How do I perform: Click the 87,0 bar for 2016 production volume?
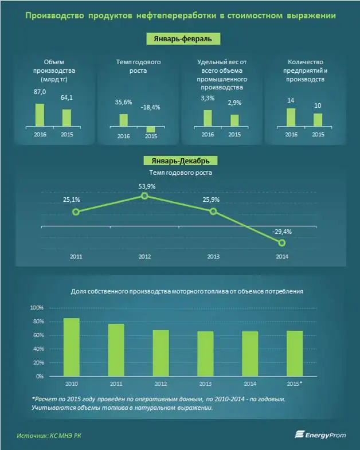[x=40, y=114]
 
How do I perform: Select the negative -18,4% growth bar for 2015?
[x=151, y=129]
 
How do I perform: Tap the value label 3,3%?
[x=207, y=99]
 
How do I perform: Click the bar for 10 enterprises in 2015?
[x=318, y=119]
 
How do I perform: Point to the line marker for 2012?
[x=144, y=196]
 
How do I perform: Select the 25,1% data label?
[x=72, y=199]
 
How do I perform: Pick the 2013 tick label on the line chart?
[x=213, y=257]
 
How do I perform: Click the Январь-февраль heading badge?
[x=179, y=38]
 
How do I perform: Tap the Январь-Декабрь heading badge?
[x=180, y=161]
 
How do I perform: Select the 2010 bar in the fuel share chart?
[x=71, y=347]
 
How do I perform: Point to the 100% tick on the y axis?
[x=36, y=308]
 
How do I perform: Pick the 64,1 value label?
[x=67, y=97]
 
